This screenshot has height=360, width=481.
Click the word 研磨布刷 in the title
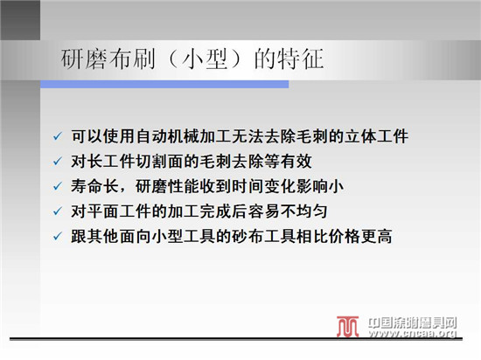(x=108, y=59)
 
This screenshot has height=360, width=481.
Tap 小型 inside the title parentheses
(x=205, y=59)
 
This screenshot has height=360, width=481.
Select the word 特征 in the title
(x=301, y=59)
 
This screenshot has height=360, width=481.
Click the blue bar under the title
(x=164, y=84)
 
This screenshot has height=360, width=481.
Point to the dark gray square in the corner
(x=20, y=20)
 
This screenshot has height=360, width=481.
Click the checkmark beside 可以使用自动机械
(x=58, y=136)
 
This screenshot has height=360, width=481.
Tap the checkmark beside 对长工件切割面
(x=58, y=162)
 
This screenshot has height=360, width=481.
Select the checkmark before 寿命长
(x=58, y=186)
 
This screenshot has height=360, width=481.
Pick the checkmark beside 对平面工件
(x=58, y=211)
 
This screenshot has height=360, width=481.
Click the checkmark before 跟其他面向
(x=58, y=237)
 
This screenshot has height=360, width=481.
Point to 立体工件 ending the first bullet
(x=376, y=136)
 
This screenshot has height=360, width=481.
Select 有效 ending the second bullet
(x=296, y=162)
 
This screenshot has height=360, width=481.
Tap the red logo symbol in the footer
(x=347, y=327)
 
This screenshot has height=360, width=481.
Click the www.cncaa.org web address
(x=413, y=333)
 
